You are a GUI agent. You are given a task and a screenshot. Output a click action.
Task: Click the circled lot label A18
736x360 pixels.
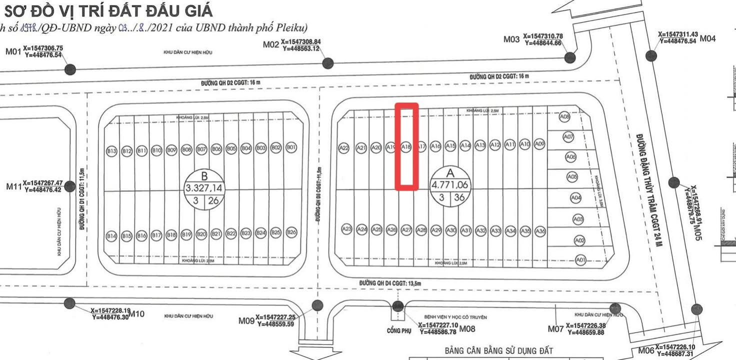pyautogui.click(x=406, y=147)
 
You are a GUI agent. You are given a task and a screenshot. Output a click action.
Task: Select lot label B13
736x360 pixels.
pyautogui.click(x=111, y=150)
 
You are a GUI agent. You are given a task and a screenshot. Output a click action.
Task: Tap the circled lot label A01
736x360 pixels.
pyautogui.click(x=580, y=259)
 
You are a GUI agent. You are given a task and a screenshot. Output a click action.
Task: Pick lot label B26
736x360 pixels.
pyautogui.click(x=291, y=232)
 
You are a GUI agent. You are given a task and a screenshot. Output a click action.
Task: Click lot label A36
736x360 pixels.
pyautogui.click(x=540, y=231)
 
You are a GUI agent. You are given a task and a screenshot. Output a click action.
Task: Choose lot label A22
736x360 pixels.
pyautogui.click(x=344, y=148)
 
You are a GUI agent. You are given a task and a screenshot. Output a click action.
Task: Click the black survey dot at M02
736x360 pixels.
pyautogui.click(x=328, y=63)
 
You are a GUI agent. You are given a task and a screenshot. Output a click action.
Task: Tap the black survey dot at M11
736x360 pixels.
pyautogui.click(x=70, y=186)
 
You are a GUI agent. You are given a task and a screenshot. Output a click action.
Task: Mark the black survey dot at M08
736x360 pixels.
pyautogui.click(x=398, y=306)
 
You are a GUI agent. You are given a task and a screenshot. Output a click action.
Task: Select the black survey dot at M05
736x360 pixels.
pyautogui.click(x=674, y=182)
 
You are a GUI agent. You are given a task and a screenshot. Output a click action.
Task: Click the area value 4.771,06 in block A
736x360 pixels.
pyautogui.click(x=450, y=184)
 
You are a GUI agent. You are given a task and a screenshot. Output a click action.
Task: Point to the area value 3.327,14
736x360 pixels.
pyautogui.click(x=204, y=188)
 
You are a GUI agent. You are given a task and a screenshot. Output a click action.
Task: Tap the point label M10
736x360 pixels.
pyautogui.click(x=136, y=314)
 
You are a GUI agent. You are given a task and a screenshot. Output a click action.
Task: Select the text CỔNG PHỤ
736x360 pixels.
pyautogui.click(x=398, y=330)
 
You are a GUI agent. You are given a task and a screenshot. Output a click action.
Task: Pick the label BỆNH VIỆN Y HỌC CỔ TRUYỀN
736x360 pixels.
pyautogui.click(x=455, y=317)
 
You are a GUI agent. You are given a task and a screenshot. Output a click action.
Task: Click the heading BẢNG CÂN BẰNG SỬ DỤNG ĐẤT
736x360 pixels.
pyautogui.click(x=498, y=351)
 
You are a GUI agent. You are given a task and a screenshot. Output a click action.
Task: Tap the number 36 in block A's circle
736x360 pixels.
pyautogui.click(x=459, y=198)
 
